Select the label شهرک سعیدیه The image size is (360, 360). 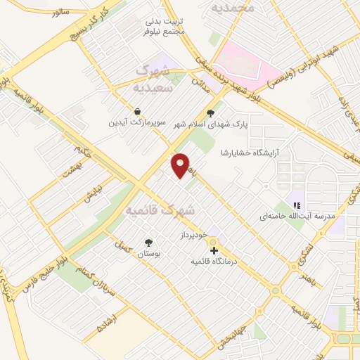click(150, 80)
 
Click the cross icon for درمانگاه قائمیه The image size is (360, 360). click(213, 250)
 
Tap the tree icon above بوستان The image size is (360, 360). click(148, 243)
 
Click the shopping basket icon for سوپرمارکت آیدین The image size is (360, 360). click(137, 111)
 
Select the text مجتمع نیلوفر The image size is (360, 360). click(163, 32)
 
